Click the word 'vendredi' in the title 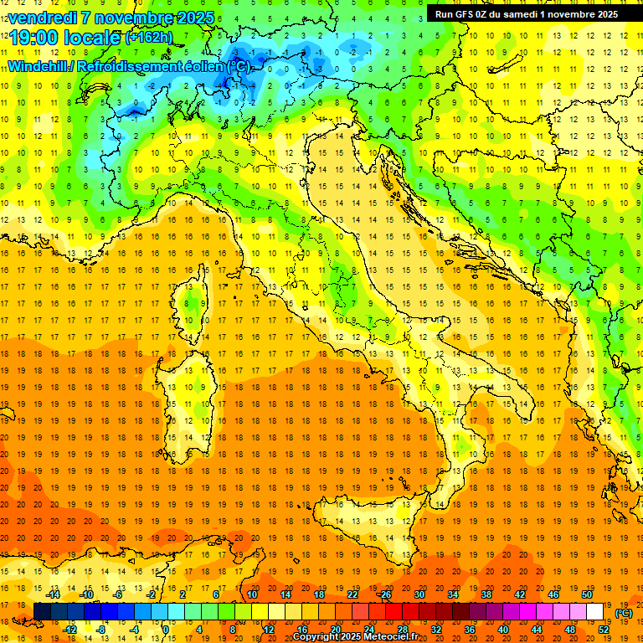coord(43,17)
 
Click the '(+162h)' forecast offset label coord(149,37)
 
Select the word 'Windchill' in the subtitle coord(39,66)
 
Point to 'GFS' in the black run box coord(467,13)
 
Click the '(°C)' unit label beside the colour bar coord(624,613)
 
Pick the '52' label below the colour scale coord(604,630)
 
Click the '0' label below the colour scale coord(166,630)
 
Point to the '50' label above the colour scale coord(586,594)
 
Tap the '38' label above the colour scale coord(486,594)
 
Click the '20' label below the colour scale coord(335,630)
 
